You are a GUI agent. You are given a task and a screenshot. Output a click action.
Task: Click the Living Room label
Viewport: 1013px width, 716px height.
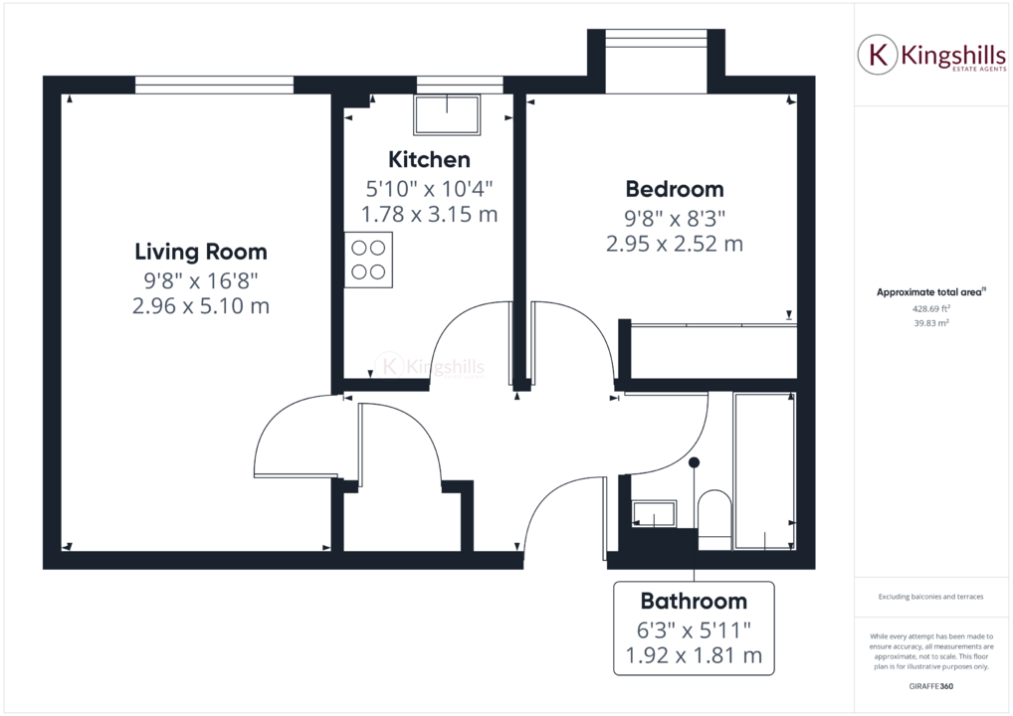pyautogui.click(x=200, y=252)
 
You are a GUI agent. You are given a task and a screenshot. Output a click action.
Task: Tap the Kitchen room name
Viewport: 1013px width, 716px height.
pyautogui.click(x=429, y=159)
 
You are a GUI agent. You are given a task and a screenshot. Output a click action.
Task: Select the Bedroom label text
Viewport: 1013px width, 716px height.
pyautogui.click(x=674, y=189)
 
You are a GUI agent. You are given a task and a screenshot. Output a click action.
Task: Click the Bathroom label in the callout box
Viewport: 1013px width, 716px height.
pyautogui.click(x=693, y=601)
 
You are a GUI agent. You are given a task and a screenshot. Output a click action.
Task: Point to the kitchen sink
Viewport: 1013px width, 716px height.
pyautogui.click(x=447, y=115)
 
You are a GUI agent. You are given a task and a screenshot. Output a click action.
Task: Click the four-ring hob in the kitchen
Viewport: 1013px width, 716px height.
pyautogui.click(x=368, y=260)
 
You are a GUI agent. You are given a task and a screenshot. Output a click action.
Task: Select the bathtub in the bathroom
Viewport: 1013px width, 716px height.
pyautogui.click(x=764, y=471)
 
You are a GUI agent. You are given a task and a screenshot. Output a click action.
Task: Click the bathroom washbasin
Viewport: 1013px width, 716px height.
pyautogui.click(x=654, y=514)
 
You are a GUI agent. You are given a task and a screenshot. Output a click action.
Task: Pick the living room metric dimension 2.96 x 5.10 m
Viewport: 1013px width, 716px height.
pyautogui.click(x=200, y=306)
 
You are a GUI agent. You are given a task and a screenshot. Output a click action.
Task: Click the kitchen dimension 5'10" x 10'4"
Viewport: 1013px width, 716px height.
pyautogui.click(x=429, y=187)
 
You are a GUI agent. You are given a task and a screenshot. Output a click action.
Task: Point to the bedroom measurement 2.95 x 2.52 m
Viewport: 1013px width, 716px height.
pyautogui.click(x=674, y=244)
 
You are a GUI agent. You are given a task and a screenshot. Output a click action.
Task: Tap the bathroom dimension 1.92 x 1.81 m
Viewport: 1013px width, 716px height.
pyautogui.click(x=693, y=655)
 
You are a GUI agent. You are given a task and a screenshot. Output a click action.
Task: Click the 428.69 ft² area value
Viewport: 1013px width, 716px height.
pyautogui.click(x=930, y=308)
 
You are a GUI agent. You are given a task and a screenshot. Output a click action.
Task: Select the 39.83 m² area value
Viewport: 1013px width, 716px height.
pyautogui.click(x=930, y=322)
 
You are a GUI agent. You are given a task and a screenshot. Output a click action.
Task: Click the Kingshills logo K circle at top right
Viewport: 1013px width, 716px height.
pyautogui.click(x=877, y=55)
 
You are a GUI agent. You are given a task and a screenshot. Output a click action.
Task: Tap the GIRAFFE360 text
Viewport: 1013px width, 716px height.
pyautogui.click(x=930, y=687)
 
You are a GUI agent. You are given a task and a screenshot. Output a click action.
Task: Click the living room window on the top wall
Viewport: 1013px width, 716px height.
pyautogui.click(x=214, y=86)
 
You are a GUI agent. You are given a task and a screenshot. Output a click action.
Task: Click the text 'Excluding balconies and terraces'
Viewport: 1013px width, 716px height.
pyautogui.click(x=930, y=597)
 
